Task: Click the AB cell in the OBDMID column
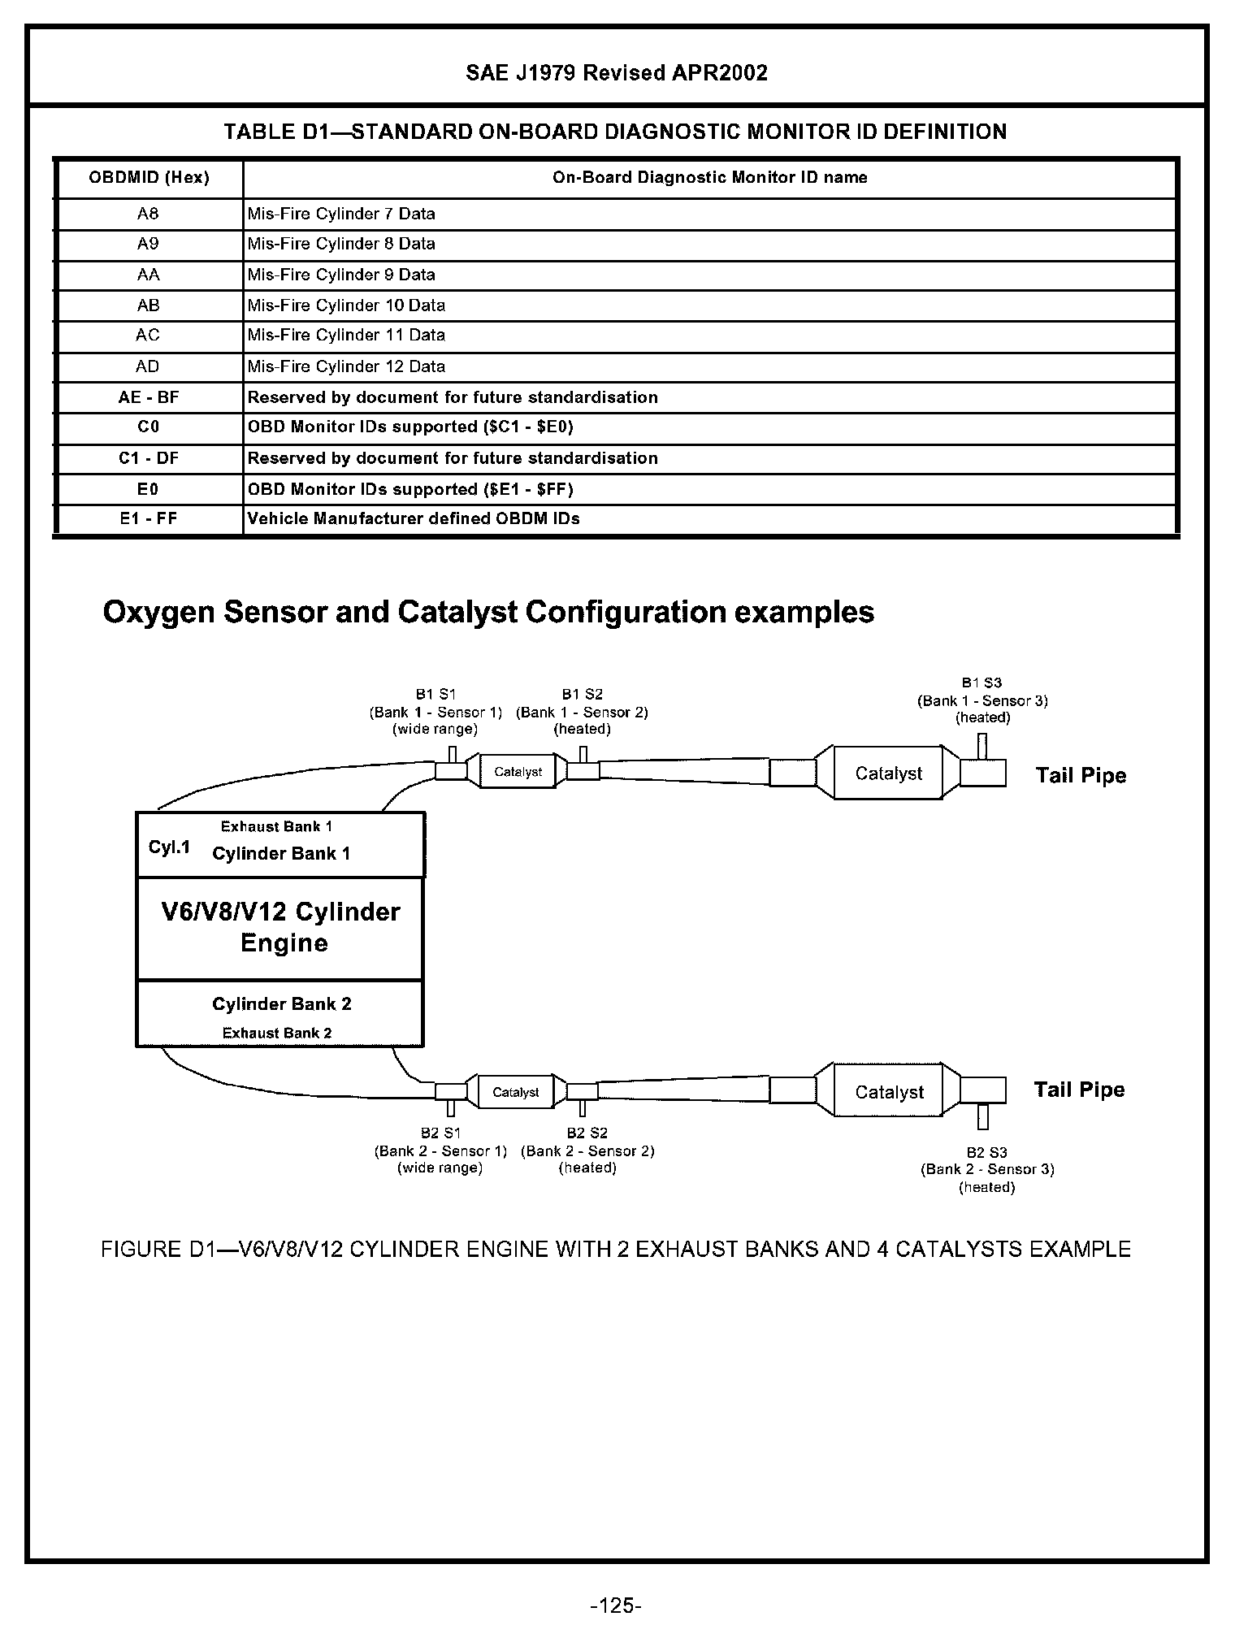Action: click(149, 305)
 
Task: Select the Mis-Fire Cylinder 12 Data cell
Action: click(346, 366)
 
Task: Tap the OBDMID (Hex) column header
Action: click(149, 178)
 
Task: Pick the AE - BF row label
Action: click(149, 397)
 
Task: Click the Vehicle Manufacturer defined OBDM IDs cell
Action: click(414, 518)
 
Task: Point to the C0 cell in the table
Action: click(149, 427)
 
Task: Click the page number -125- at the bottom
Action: click(617, 1605)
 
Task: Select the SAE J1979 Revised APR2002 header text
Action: click(617, 73)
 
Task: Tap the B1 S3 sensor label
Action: click(982, 683)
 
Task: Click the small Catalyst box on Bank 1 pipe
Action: click(518, 772)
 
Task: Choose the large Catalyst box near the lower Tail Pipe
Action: click(889, 1092)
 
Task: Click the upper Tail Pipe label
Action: click(1081, 775)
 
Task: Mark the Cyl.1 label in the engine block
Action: click(169, 847)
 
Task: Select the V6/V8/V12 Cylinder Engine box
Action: click(280, 928)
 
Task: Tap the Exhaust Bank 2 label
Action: click(277, 1033)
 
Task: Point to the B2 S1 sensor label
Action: click(440, 1133)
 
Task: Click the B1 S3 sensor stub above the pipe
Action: click(982, 746)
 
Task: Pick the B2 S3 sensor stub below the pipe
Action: click(983, 1116)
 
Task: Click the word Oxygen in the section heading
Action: click(159, 612)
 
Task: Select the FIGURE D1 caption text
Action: click(616, 1249)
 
